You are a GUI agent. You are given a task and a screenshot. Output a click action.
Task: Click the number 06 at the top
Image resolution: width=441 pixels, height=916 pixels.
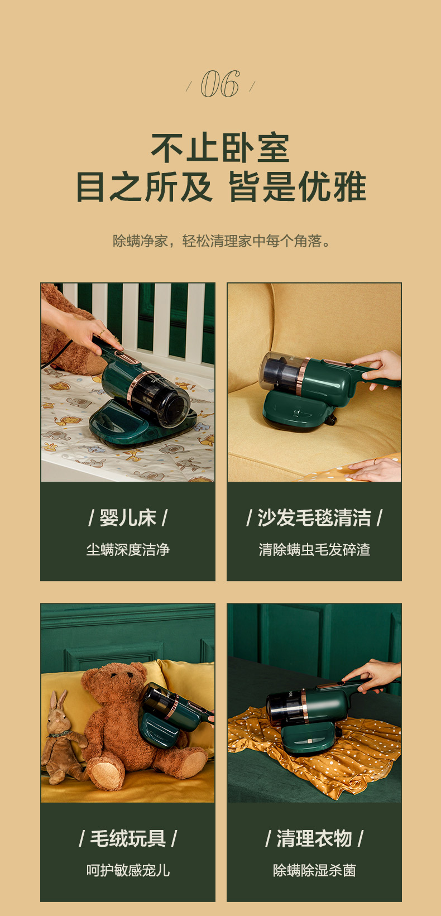pos(220,84)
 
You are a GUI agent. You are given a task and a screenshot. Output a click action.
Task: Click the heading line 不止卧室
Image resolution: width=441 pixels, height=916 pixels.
pos(220,147)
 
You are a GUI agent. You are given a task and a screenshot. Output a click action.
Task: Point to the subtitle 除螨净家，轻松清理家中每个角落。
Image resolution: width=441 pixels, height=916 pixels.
pos(221,241)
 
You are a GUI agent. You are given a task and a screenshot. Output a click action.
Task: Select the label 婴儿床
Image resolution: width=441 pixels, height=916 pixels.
pos(128,517)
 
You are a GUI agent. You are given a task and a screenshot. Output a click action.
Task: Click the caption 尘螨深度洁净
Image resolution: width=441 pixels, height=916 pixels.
pos(128,549)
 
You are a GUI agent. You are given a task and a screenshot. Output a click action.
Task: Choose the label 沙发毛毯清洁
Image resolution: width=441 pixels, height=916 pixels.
pos(314,517)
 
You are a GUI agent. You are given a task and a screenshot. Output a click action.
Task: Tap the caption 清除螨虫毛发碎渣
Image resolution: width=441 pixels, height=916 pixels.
pos(314,549)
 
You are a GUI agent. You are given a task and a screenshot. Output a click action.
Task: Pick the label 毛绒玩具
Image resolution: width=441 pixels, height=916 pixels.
pos(128,838)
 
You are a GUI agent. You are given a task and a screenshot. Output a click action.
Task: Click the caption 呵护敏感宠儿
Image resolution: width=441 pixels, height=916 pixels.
pos(128,870)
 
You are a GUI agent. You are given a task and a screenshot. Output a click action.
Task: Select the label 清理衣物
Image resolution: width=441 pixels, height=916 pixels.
pos(314,838)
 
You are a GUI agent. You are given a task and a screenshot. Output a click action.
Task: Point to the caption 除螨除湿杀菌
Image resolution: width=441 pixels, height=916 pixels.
pos(314,870)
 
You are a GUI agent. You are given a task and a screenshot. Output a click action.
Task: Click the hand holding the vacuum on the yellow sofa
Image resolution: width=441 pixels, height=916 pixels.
pos(378,368)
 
